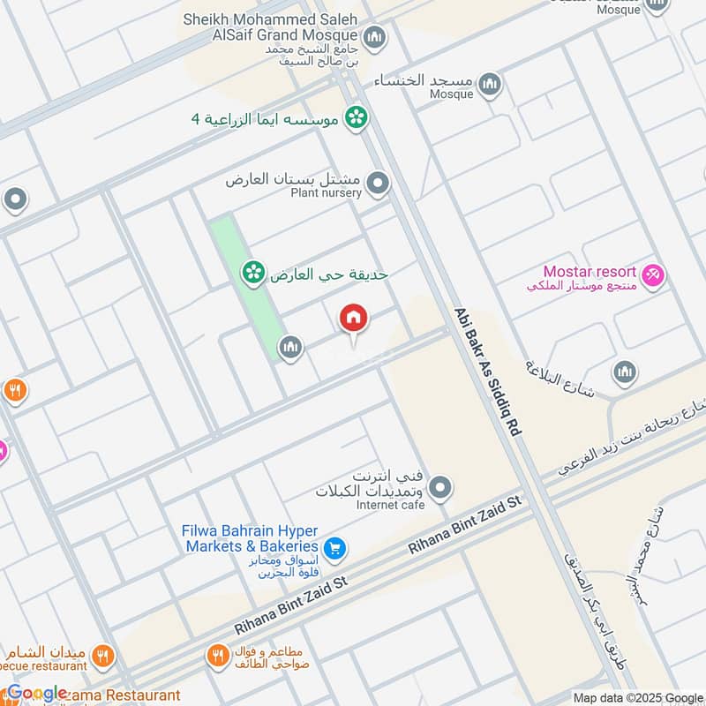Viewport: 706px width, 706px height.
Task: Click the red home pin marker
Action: (x=354, y=319)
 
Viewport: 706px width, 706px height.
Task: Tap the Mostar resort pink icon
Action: (x=653, y=276)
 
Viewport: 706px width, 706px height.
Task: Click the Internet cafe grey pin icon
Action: (x=440, y=486)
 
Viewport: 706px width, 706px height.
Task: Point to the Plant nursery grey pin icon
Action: (x=378, y=184)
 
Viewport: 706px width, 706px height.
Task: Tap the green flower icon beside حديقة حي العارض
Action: (x=253, y=274)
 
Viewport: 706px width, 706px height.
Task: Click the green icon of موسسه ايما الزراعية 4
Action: (x=356, y=117)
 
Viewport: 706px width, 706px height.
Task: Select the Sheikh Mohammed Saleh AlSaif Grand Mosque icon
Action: (x=375, y=38)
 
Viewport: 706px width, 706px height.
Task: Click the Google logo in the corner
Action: (x=36, y=693)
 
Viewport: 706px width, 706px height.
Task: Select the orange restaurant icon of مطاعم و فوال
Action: (x=217, y=656)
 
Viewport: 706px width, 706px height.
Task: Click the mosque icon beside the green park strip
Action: (x=290, y=349)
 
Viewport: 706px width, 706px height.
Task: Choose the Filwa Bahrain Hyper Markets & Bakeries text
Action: (x=250, y=539)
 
